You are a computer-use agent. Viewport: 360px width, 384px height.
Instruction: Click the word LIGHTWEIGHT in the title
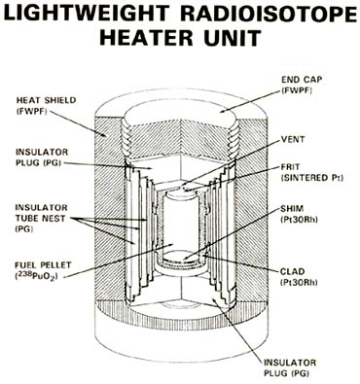pyautogui.click(x=87, y=14)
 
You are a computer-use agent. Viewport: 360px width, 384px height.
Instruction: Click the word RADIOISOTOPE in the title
pyautogui.click(x=269, y=14)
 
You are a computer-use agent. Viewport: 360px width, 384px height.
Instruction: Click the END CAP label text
pyautogui.click(x=297, y=80)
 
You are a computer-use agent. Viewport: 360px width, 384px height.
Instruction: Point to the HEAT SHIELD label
pyautogui.click(x=46, y=100)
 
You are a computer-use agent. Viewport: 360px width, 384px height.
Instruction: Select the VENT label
pyautogui.click(x=293, y=139)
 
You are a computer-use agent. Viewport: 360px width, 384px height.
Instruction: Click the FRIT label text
pyautogui.click(x=290, y=167)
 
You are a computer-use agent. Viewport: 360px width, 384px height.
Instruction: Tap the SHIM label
pyautogui.click(x=292, y=208)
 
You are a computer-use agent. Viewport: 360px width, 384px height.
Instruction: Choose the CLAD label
pyautogui.click(x=293, y=271)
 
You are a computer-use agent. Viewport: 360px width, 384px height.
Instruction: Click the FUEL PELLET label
pyautogui.click(x=43, y=265)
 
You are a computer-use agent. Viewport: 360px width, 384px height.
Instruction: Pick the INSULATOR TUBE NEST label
pyautogui.click(x=41, y=218)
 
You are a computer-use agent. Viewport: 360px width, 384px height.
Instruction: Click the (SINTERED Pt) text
pyautogui.click(x=312, y=178)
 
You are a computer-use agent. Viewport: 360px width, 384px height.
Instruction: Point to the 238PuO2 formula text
pyautogui.click(x=35, y=276)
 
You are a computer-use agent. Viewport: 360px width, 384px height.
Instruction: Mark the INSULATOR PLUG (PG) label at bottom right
pyautogui.click(x=290, y=367)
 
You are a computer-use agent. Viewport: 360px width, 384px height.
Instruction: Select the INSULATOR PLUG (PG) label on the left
pyautogui.click(x=42, y=157)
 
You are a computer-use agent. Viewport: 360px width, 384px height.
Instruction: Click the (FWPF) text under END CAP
pyautogui.click(x=297, y=90)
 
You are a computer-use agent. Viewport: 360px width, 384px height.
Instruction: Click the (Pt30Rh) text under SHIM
pyautogui.click(x=299, y=220)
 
